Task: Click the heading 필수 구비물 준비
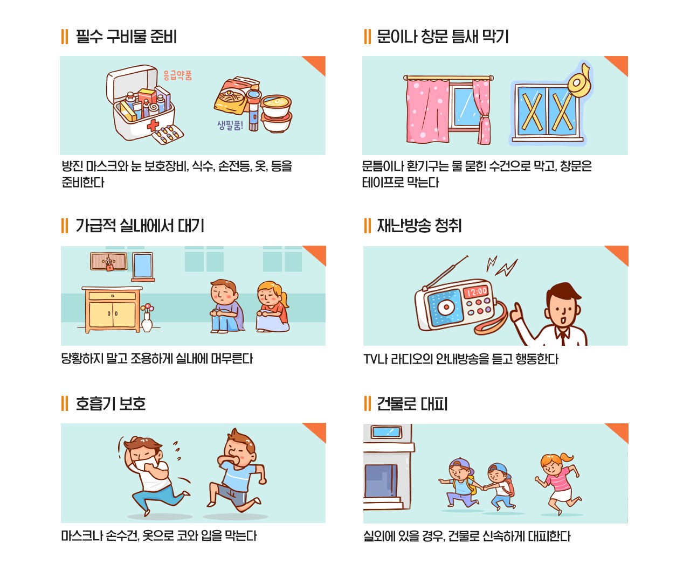126,37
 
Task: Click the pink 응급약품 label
177,75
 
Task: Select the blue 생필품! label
230,125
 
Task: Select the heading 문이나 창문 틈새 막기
443,37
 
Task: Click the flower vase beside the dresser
147,319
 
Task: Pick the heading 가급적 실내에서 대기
140,226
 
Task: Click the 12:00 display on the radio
476,291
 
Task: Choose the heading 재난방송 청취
419,226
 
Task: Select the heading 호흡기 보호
111,404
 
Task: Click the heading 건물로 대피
412,404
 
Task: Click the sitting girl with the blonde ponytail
272,307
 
